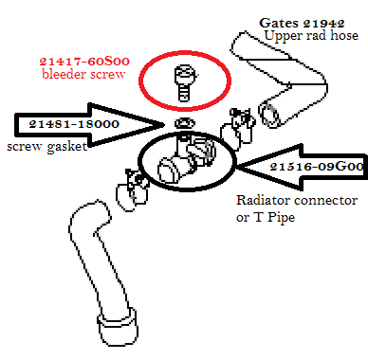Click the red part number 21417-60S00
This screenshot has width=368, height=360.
pyautogui.click(x=84, y=62)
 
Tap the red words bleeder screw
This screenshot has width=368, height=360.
pyautogui.click(x=83, y=75)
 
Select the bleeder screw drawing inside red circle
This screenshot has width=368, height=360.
pyautogui.click(x=184, y=83)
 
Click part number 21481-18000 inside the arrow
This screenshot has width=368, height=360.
pyautogui.click(x=74, y=124)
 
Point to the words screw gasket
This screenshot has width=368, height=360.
pyautogui.click(x=46, y=147)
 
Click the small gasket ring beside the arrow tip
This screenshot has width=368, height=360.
pyautogui.click(x=185, y=122)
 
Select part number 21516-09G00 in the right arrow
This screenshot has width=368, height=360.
pyautogui.click(x=317, y=166)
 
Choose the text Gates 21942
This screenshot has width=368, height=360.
pyautogui.click(x=302, y=23)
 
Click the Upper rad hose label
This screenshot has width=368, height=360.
pyautogui.click(x=311, y=35)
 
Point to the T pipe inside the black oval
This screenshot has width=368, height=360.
pyautogui.click(x=186, y=159)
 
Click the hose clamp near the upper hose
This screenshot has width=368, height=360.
pyautogui.click(x=238, y=126)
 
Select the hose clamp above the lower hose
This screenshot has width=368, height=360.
pyautogui.click(x=133, y=190)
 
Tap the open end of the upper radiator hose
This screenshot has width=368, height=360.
pyautogui.click(x=269, y=115)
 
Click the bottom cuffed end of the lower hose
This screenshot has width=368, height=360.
pyautogui.click(x=118, y=327)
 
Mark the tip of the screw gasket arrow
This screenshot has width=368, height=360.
pyautogui.click(x=163, y=125)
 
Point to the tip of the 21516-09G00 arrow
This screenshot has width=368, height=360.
pyautogui.click(x=237, y=166)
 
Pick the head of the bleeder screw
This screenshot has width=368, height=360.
pyautogui.click(x=184, y=73)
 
